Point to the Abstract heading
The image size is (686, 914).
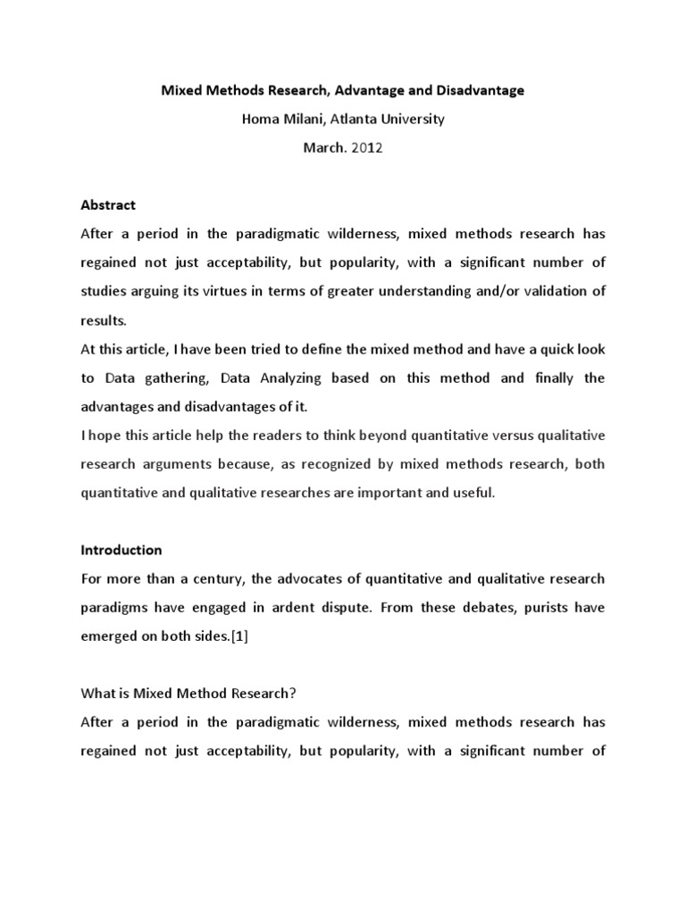pyautogui.click(x=108, y=205)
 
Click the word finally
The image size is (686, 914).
pyautogui.click(x=555, y=378)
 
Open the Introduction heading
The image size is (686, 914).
pyautogui.click(x=121, y=550)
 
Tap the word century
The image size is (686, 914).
pyautogui.click(x=222, y=578)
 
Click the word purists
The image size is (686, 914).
pyautogui.click(x=548, y=608)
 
